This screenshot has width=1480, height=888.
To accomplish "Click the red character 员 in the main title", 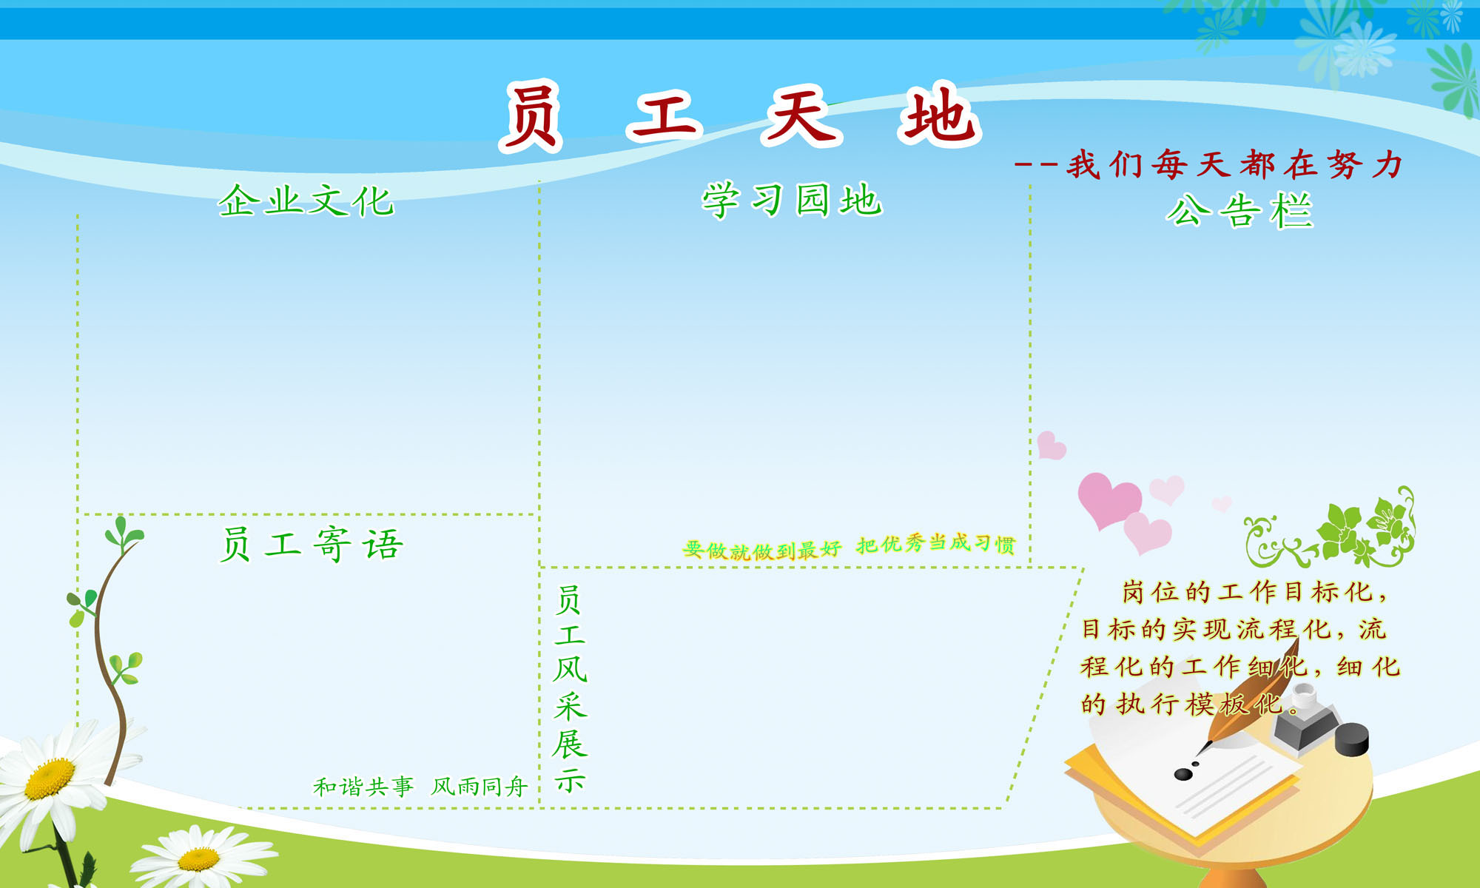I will [x=531, y=117].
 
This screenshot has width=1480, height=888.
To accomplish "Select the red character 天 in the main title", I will [x=802, y=115].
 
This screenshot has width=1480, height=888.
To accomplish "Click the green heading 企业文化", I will [x=306, y=201].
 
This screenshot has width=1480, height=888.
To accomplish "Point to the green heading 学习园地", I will [x=792, y=201].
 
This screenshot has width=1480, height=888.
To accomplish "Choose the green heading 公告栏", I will [x=1239, y=211].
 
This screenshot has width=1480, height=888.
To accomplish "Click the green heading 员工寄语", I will [x=312, y=545].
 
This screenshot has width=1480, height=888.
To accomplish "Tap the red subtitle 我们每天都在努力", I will [x=1234, y=164].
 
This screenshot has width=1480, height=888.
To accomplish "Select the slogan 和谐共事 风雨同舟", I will [x=420, y=786].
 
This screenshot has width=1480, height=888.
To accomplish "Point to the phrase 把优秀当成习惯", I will [x=935, y=544].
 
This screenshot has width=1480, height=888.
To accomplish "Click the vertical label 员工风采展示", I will [x=570, y=688].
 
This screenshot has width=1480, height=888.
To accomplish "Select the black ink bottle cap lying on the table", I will [x=1352, y=739].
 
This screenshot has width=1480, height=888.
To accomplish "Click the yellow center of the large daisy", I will [x=50, y=778].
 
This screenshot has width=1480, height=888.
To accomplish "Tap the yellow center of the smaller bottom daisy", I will [x=198, y=859].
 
